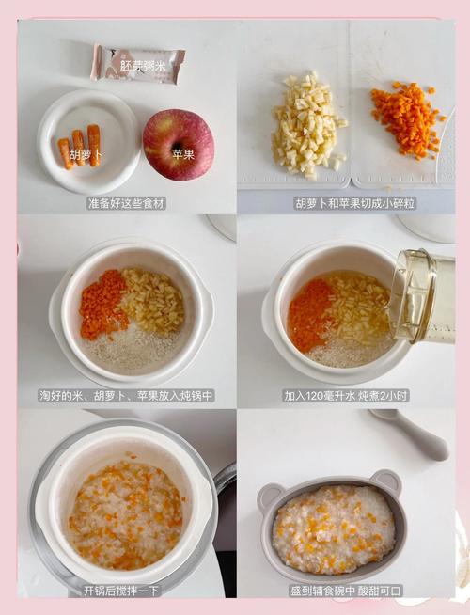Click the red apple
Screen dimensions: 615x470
[x=178, y=143]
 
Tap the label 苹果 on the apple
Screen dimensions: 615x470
[x=183, y=153]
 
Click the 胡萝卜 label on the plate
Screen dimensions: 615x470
[x=86, y=153]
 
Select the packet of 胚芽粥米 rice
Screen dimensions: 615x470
[x=137, y=63]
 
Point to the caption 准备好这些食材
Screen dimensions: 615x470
[x=127, y=202]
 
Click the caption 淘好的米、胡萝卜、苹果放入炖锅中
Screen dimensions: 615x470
[x=127, y=396]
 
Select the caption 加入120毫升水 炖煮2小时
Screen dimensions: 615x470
[x=345, y=396]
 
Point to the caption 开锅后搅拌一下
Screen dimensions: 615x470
[x=122, y=590]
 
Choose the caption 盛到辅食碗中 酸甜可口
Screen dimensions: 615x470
[x=346, y=590]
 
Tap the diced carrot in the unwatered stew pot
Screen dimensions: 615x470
[x=102, y=303]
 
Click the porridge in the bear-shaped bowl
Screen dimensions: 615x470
[x=333, y=529]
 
